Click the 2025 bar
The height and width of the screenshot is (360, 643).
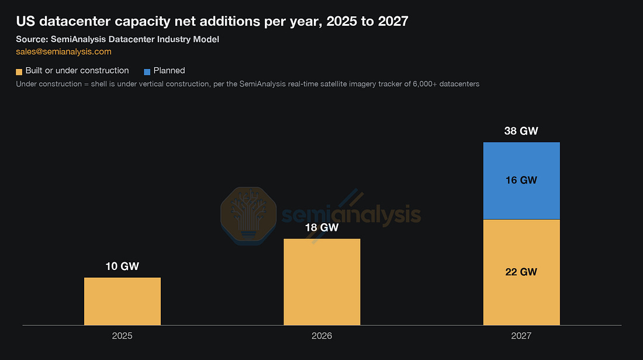(122, 302)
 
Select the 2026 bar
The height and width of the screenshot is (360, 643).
(322, 282)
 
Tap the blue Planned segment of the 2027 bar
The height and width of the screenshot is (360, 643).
(521, 181)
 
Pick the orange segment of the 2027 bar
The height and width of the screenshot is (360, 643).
(521, 272)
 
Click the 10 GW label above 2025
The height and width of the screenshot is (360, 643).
(122, 266)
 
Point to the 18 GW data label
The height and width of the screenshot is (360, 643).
(322, 227)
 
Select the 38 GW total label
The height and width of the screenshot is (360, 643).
(521, 131)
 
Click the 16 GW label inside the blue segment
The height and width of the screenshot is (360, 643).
(521, 180)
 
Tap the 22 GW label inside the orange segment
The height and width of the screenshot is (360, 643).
(521, 272)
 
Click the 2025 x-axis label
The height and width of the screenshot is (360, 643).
(122, 336)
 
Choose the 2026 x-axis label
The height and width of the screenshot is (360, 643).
(322, 336)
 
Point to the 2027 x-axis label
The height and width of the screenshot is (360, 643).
(521, 336)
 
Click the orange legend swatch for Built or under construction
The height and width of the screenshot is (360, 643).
(19, 72)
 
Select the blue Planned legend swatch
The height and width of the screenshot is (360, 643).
(147, 72)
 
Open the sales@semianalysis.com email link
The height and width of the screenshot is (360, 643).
(64, 51)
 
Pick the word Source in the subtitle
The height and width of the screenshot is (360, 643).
(32, 39)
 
